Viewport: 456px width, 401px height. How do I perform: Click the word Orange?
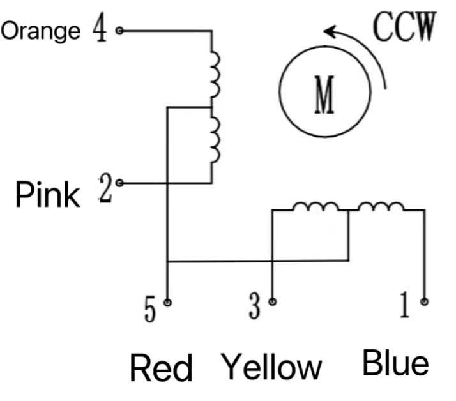click(x=42, y=31)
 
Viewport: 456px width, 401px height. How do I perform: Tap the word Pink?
click(x=48, y=194)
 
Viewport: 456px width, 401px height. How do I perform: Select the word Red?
click(x=161, y=368)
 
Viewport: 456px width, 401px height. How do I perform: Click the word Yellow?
click(x=271, y=367)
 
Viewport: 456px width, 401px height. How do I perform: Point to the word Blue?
click(x=395, y=363)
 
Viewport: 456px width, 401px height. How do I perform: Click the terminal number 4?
click(x=100, y=29)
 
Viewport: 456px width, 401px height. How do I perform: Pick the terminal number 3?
click(x=255, y=308)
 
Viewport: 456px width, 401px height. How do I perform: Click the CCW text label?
click(x=404, y=28)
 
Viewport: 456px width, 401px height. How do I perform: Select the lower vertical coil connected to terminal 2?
click(x=215, y=140)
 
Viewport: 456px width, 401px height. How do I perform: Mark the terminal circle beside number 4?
click(x=119, y=29)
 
